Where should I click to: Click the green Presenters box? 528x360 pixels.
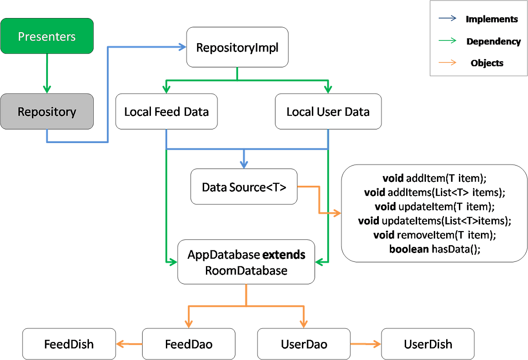pyautogui.click(x=47, y=36)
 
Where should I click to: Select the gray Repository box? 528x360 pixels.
pyautogui.click(x=47, y=112)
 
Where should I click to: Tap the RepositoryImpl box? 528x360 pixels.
pyautogui.click(x=237, y=48)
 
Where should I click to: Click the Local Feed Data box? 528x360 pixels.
pyautogui.click(x=166, y=112)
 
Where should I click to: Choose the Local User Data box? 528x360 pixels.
pyautogui.click(x=328, y=112)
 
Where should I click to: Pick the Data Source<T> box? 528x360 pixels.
pyautogui.click(x=244, y=187)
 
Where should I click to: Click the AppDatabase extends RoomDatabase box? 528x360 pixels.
pyautogui.click(x=246, y=262)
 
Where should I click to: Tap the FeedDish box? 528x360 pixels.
pyautogui.click(x=69, y=344)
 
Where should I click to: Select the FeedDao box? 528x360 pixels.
pyautogui.click(x=189, y=344)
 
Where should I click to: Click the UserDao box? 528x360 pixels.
pyautogui.click(x=304, y=344)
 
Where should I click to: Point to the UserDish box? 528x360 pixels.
pyautogui.click(x=428, y=344)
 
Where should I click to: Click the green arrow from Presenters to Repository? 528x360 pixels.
pyautogui.click(x=47, y=73)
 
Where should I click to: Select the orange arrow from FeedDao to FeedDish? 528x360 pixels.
pyautogui.click(x=128, y=344)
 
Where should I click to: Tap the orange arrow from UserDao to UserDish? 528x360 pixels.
pyautogui.click(x=366, y=344)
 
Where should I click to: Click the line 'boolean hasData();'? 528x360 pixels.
pyautogui.click(x=434, y=249)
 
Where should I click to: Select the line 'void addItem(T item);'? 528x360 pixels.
pyautogui.click(x=434, y=179)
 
